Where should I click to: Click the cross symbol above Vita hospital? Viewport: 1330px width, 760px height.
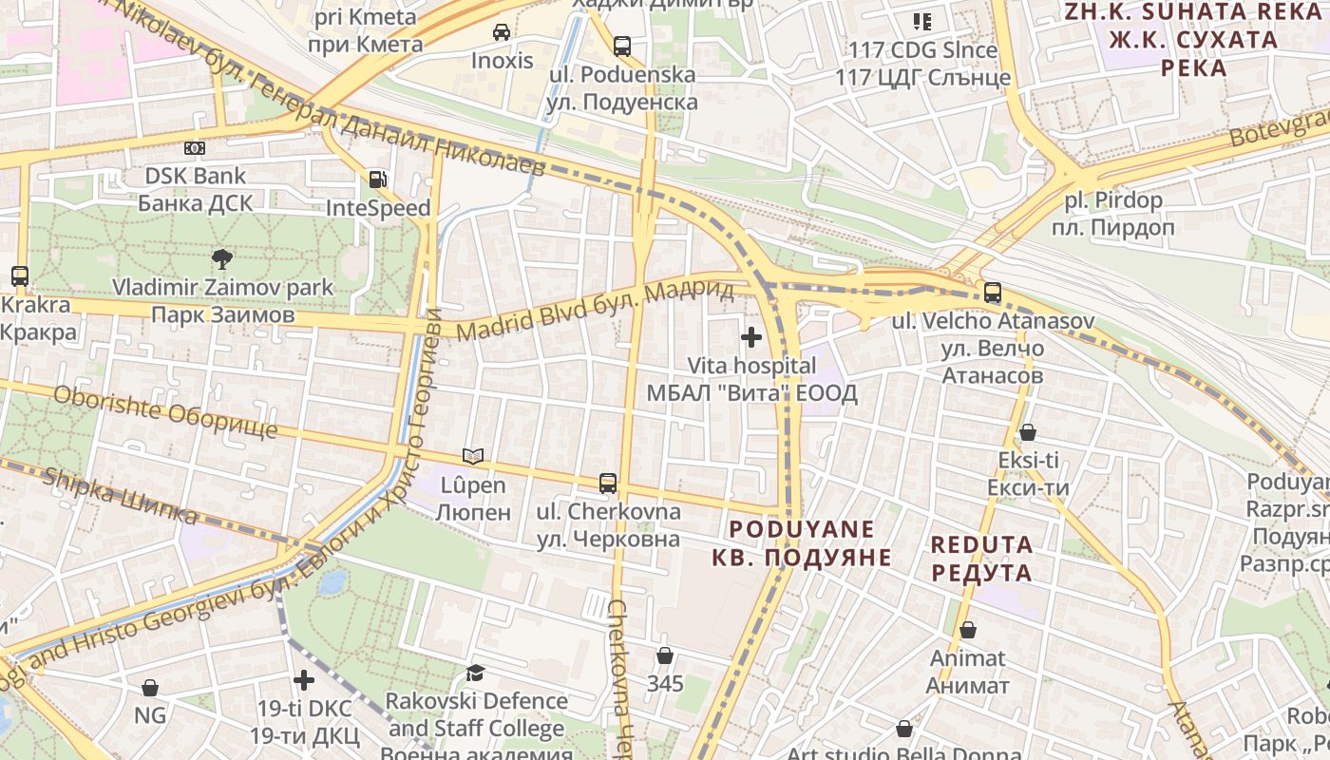pos(751,337)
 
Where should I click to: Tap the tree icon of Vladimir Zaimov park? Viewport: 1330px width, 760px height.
pos(222,257)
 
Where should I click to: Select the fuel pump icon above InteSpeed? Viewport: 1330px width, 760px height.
pos(378,180)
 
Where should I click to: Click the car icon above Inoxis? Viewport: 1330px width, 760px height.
pos(502,32)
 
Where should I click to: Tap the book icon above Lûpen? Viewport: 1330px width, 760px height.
pos(472,457)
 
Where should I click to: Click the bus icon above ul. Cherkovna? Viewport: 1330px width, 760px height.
pos(608,484)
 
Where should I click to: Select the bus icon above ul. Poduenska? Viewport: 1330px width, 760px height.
pos(622,46)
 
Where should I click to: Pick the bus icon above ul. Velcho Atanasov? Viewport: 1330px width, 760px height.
pos(993,293)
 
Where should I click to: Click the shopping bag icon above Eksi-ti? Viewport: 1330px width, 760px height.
pos(1028,433)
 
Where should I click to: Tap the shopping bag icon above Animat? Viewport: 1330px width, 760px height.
pos(968,630)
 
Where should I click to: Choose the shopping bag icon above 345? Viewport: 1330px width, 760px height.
pos(665,655)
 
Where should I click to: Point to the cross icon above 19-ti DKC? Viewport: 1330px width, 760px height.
pos(304,680)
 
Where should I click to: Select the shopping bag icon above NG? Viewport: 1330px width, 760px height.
pos(149,688)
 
